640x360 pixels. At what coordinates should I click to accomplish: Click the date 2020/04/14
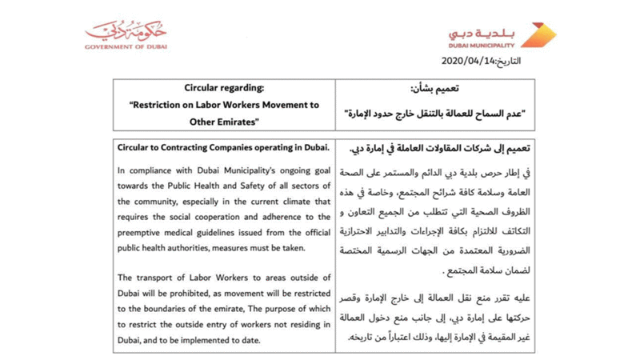(468, 61)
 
